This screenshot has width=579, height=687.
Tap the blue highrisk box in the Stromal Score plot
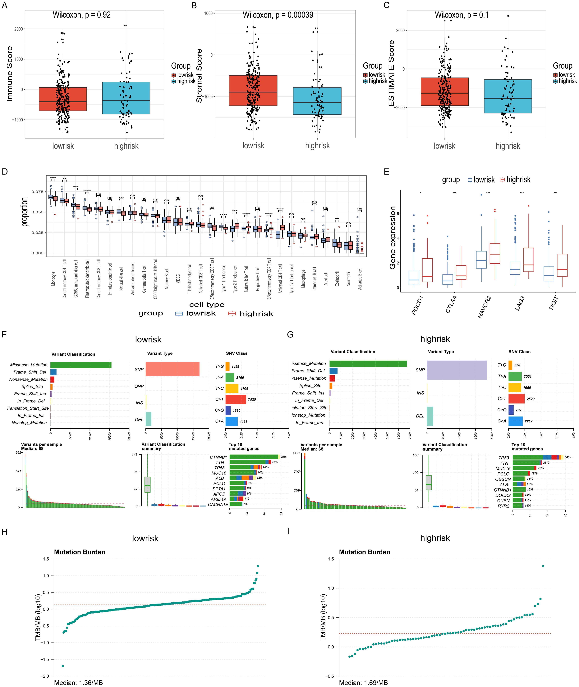[x=317, y=101]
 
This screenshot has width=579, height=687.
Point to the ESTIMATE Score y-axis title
[x=391, y=73]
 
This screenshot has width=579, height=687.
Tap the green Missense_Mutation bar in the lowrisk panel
[x=81, y=365]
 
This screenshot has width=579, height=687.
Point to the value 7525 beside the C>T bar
[x=252, y=399]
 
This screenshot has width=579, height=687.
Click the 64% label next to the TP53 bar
[x=568, y=457]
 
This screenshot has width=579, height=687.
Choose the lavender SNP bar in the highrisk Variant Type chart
[x=457, y=370]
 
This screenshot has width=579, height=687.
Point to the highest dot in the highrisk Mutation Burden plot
[x=543, y=566]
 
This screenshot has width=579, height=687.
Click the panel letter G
[x=290, y=335]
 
